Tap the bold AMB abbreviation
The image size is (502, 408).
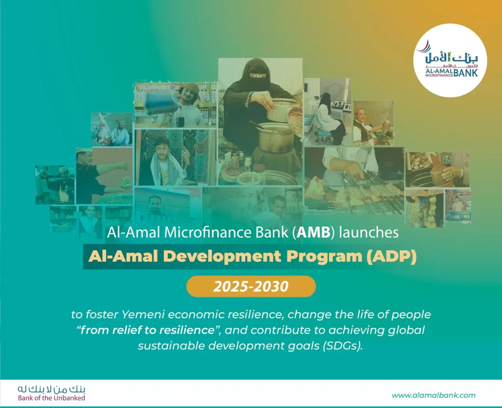(314, 233)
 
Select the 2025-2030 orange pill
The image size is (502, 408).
(251, 286)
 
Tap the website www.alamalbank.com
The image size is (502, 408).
(434, 395)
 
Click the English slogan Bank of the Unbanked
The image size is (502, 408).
(51, 398)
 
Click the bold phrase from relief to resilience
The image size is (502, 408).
(147, 330)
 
